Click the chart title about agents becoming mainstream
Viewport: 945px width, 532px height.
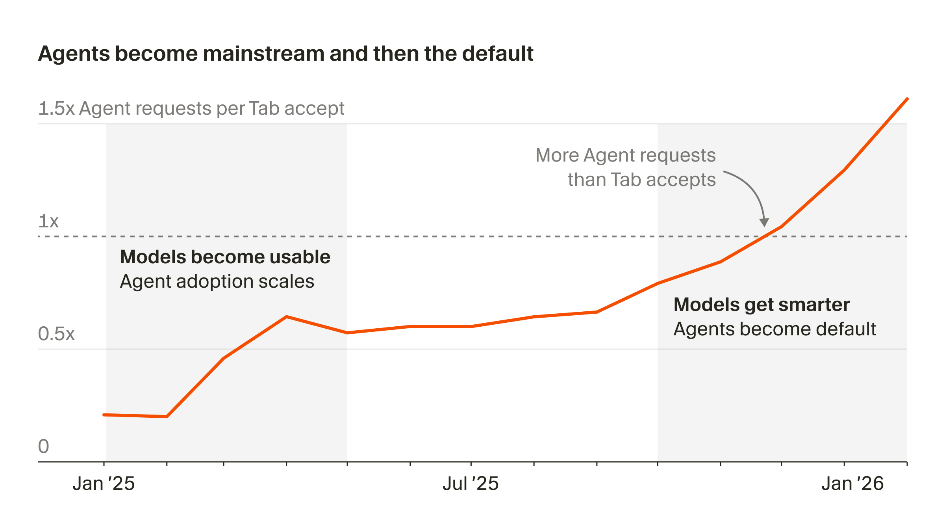285,54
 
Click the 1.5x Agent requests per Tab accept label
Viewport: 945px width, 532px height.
191,108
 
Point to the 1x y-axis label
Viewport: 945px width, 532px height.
48,221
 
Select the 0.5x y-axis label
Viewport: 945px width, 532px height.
56,334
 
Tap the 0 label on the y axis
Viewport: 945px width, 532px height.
44,446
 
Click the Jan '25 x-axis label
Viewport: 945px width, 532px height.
104,484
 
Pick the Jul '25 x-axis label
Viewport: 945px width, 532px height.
471,484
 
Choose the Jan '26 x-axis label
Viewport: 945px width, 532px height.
852,484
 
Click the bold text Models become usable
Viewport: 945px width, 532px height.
225,257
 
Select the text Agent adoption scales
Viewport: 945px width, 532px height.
217,281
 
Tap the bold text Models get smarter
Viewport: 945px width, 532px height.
762,305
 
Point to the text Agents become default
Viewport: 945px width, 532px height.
775,329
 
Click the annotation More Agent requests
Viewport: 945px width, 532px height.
625,155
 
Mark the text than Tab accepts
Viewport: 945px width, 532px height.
641,180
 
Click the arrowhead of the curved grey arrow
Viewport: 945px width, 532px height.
764,223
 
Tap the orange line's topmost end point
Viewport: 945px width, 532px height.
907,99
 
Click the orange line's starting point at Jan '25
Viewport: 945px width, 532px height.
104,415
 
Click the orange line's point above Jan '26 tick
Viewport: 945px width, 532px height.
844,170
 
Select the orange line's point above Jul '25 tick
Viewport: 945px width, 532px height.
471,326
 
